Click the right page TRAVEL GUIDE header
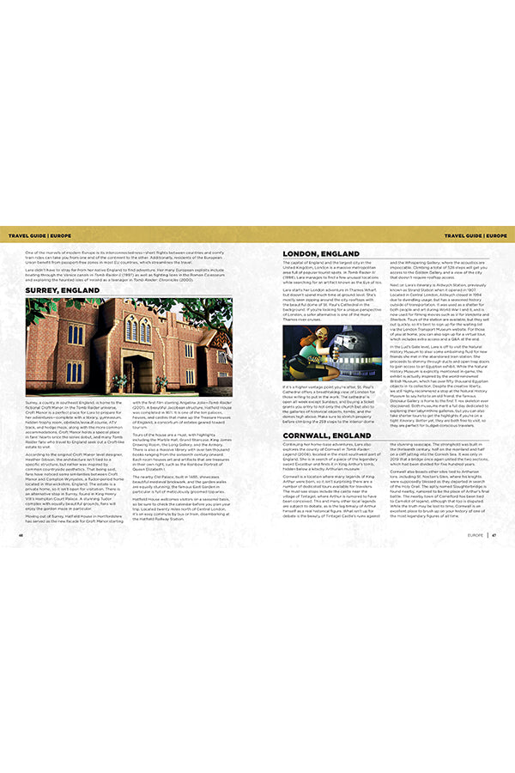pos(475,234)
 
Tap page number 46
pos(20,533)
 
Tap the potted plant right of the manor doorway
pos(161,380)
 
